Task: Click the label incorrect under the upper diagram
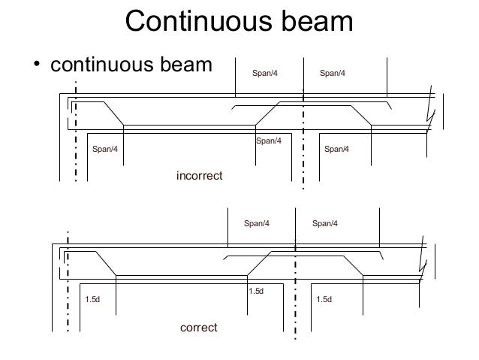[x=200, y=175]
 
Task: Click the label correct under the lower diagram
[x=199, y=328]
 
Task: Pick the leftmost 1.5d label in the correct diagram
[x=92, y=300]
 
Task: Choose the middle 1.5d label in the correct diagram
[x=256, y=291]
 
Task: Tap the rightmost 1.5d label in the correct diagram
[x=324, y=300]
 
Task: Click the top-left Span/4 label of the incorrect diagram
[x=264, y=73]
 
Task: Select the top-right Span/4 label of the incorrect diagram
[x=333, y=73]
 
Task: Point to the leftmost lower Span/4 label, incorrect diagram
[x=104, y=149]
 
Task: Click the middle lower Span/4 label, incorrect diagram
[x=269, y=141]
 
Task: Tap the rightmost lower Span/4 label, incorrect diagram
[x=337, y=149]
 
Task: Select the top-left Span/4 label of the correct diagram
[x=256, y=223]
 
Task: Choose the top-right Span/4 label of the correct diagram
[x=324, y=223]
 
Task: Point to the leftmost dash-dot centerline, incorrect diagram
[x=76, y=132]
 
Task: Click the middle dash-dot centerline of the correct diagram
[x=296, y=289]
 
